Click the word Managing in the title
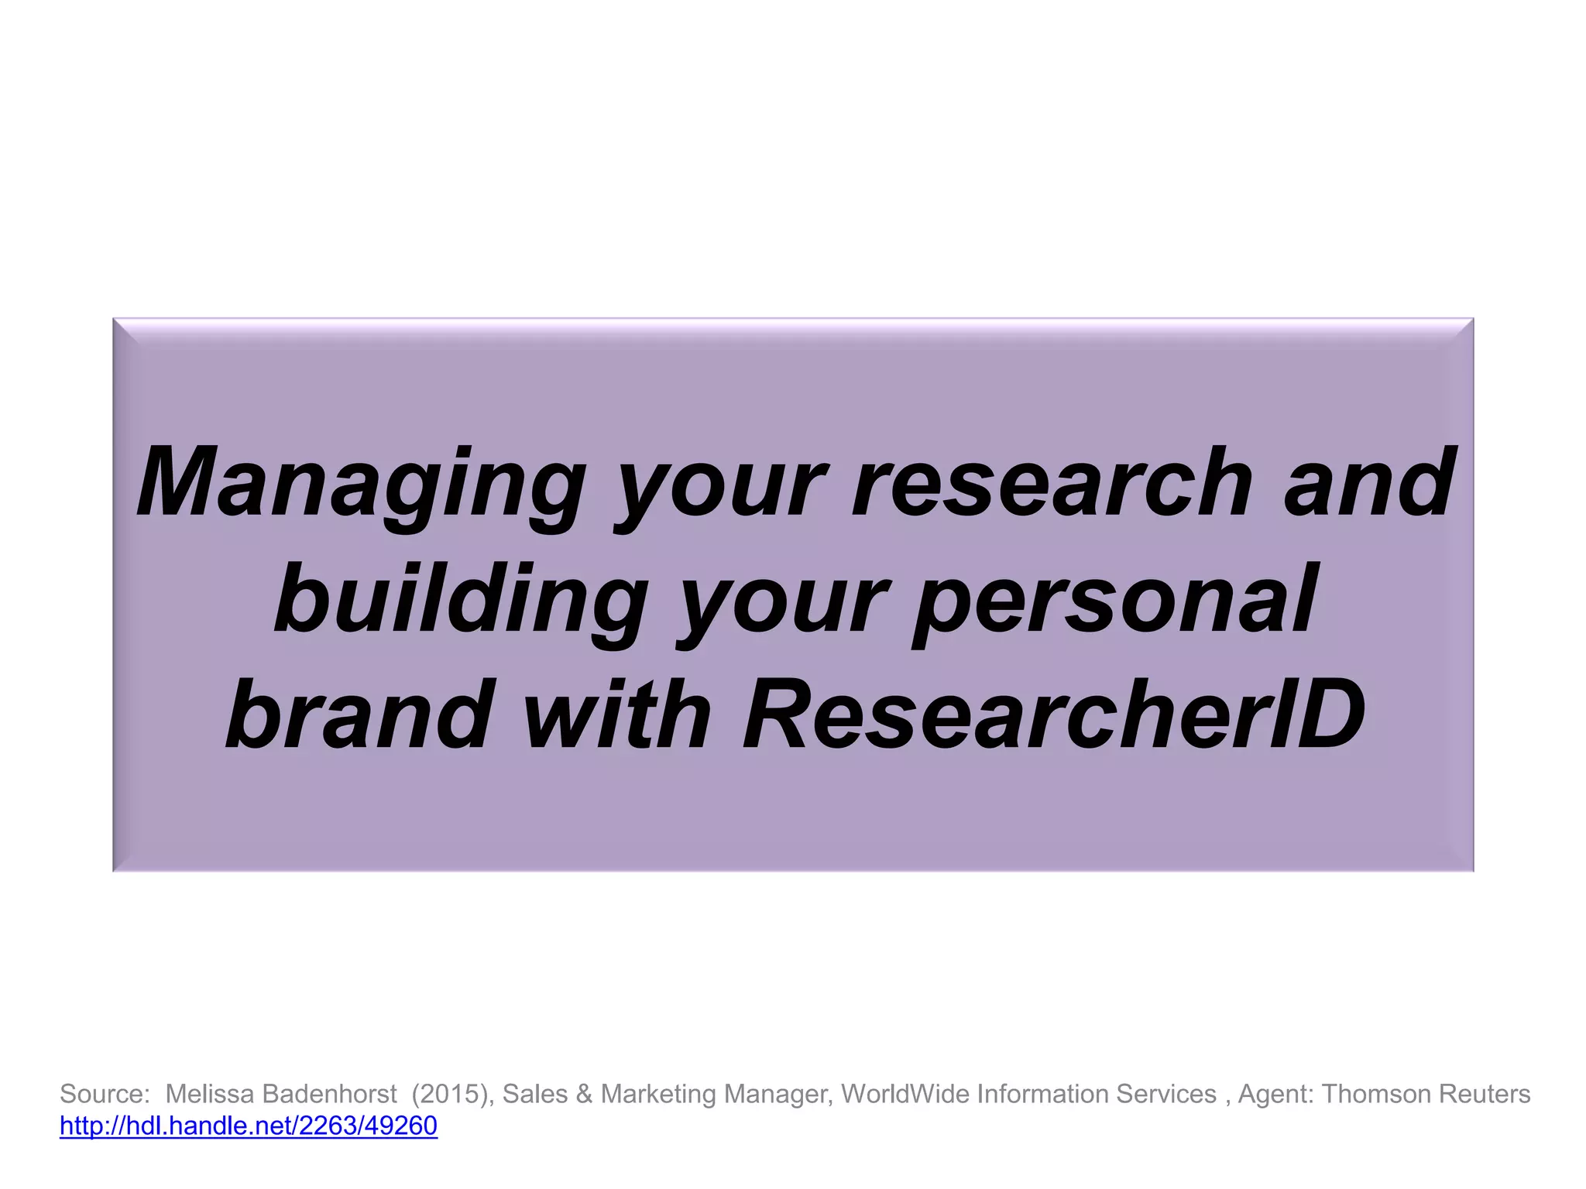pos(360,484)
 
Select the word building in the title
pos(461,599)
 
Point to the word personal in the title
pos(1115,599)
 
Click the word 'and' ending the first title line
pos(1370,484)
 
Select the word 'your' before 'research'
pos(721,484)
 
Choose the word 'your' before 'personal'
pos(782,599)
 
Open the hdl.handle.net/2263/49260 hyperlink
pos(249,1126)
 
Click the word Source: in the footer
pos(105,1094)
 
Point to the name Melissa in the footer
pos(210,1094)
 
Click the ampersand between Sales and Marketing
pos(584,1094)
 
